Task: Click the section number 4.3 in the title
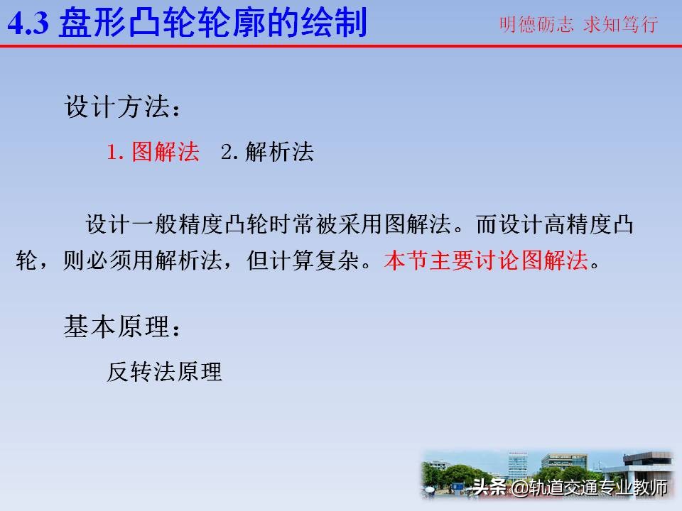click(28, 24)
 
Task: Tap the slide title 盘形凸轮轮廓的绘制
click(213, 24)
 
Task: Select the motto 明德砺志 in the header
click(536, 25)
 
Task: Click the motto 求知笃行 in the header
click(620, 25)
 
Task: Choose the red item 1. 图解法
click(153, 153)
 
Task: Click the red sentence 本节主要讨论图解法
click(487, 261)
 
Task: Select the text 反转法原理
click(165, 371)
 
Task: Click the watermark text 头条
click(489, 488)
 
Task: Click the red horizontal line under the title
click(341, 45)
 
